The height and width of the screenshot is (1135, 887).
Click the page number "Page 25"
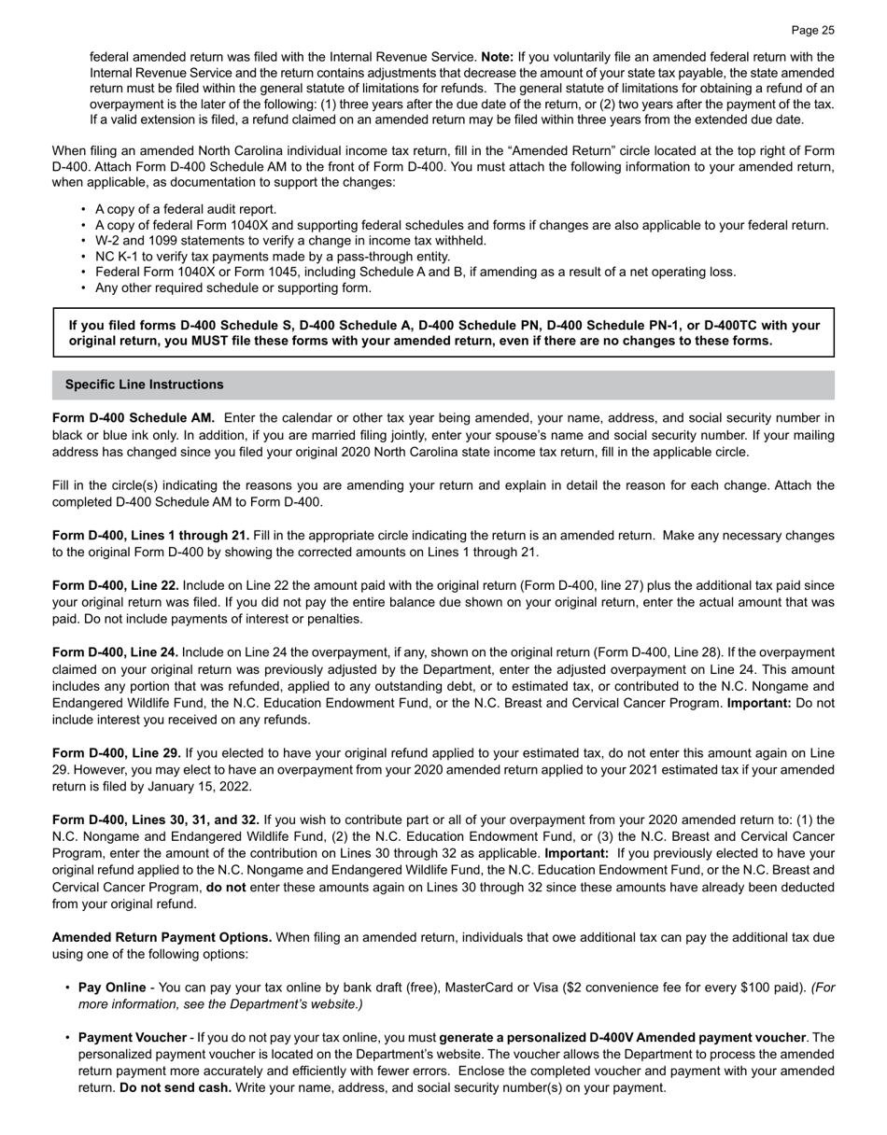pos(812,30)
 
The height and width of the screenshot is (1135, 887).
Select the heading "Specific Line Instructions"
pos(144,385)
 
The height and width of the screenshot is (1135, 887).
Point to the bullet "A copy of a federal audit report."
pos(186,209)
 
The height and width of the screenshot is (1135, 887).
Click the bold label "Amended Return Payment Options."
pos(162,937)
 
